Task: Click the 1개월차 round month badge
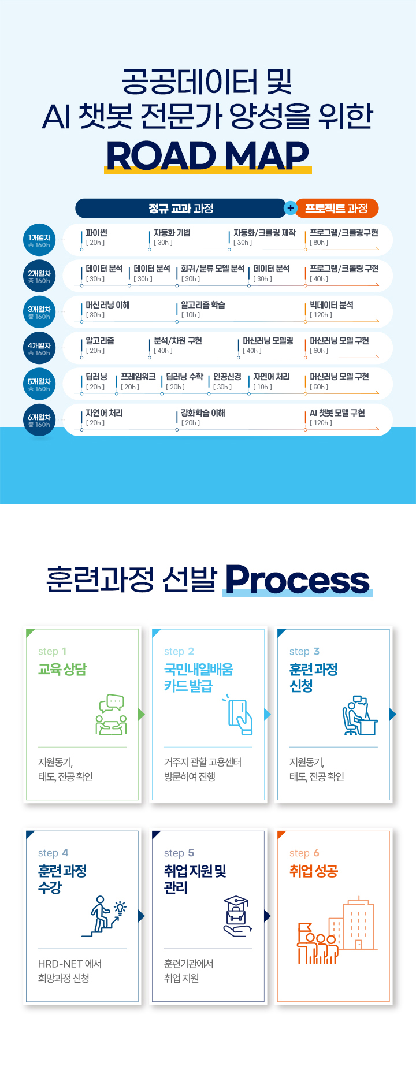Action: tap(39, 240)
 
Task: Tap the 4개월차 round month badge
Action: tap(39, 348)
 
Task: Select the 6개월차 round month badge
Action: tap(39, 420)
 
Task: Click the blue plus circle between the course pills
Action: tap(290, 208)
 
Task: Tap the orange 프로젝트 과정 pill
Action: tap(337, 208)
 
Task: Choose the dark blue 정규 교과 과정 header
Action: tap(180, 208)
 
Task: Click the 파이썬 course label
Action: tap(96, 233)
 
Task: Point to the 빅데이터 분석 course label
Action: tap(331, 305)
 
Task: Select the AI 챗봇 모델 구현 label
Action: tap(337, 413)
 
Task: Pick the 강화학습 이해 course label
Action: tap(203, 413)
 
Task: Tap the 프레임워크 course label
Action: tap(138, 377)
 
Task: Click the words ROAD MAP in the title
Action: tap(207, 156)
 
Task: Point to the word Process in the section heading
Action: tap(297, 579)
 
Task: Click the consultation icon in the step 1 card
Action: tap(112, 715)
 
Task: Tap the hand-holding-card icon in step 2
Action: tap(239, 715)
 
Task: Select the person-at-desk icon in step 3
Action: tap(359, 715)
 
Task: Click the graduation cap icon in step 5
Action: tap(236, 916)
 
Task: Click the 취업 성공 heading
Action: tap(313, 871)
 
